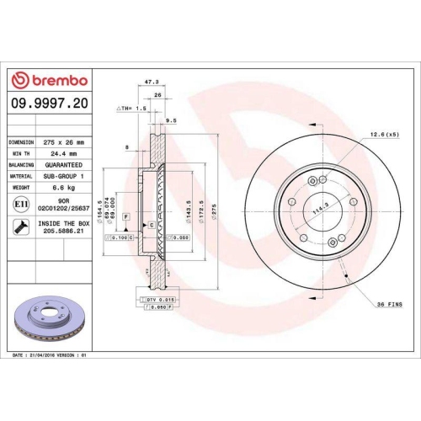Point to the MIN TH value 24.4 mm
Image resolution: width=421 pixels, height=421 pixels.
click(60, 154)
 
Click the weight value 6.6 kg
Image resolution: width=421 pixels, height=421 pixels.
click(60, 189)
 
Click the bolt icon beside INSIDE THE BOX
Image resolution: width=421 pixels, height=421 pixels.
click(19, 226)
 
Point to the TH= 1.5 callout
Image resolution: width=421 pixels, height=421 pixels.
click(132, 109)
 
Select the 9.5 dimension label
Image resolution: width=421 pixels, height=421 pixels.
click(171, 120)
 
